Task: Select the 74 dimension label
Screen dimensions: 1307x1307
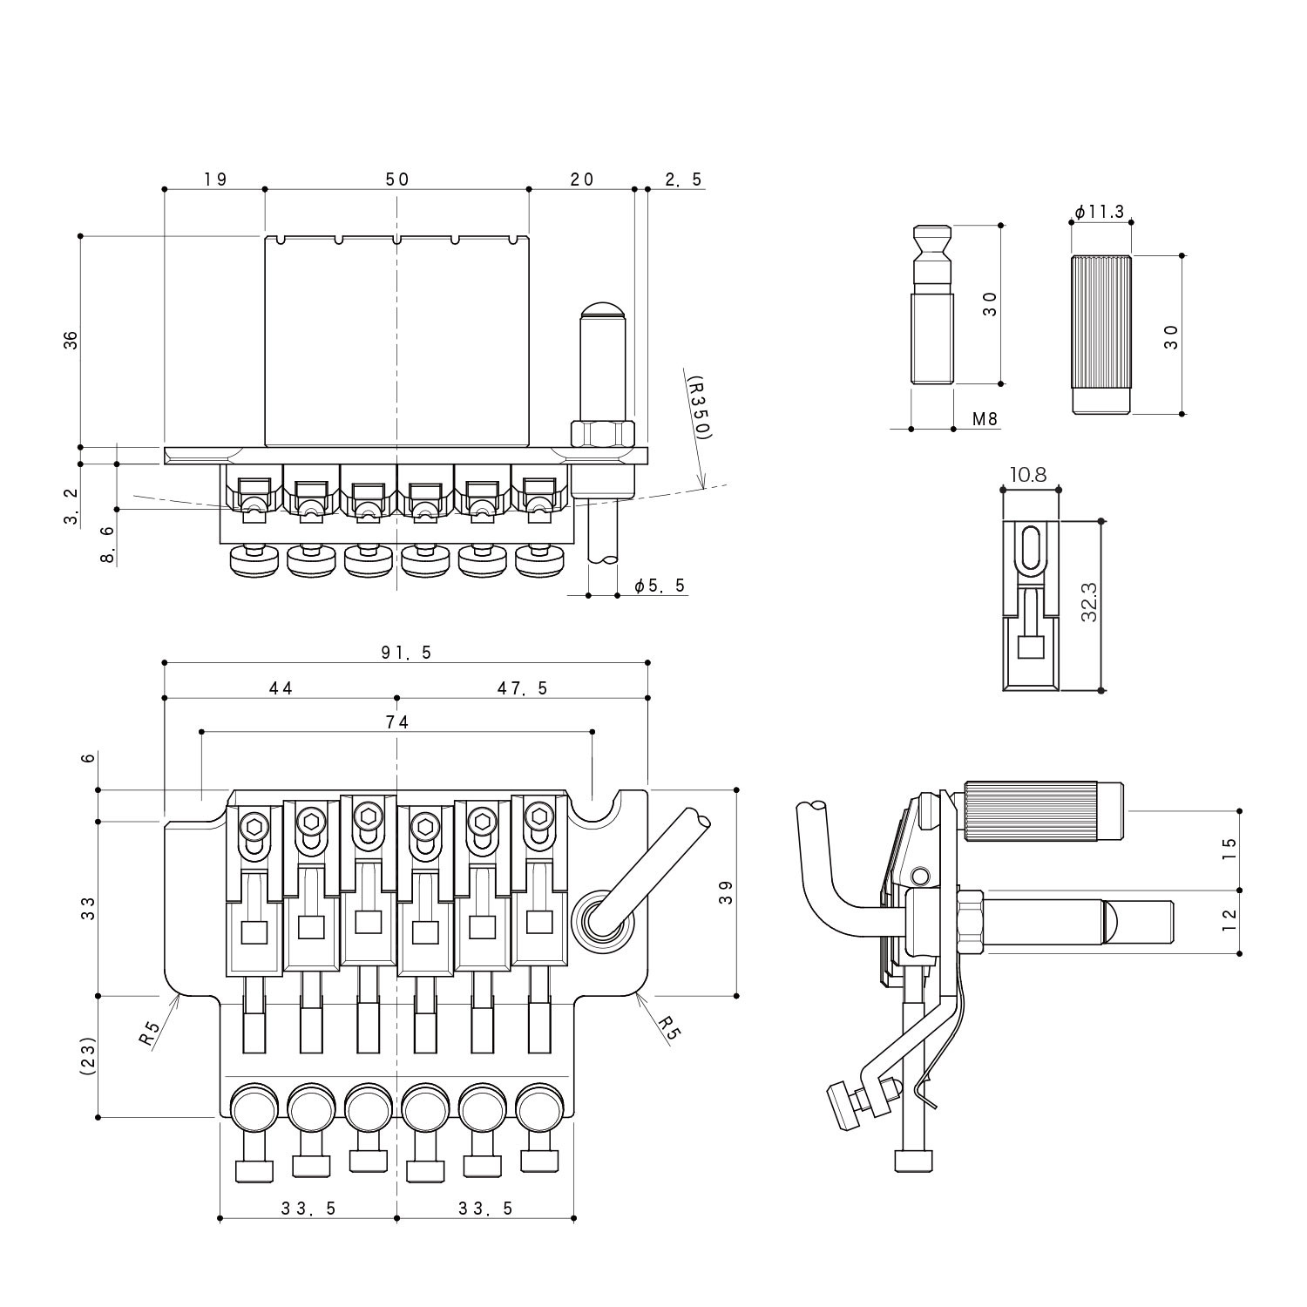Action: (396, 721)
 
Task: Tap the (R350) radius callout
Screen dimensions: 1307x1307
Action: (698, 407)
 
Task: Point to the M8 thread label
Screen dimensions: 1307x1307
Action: (985, 419)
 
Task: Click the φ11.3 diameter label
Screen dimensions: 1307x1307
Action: (1099, 212)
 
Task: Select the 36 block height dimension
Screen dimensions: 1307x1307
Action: (71, 340)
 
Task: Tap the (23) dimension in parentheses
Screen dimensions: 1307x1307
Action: (87, 1056)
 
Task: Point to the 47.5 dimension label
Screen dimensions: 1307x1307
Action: (522, 688)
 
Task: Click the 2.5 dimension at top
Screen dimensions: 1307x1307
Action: (683, 179)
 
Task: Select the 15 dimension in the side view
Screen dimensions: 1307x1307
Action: (1229, 850)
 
